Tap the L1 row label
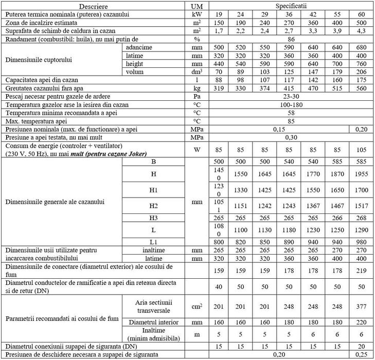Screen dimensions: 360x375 pos(153,241)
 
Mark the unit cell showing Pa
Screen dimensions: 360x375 pos(197,96)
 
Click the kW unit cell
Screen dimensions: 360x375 pos(197,14)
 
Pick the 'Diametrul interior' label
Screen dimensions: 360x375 pos(153,322)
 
